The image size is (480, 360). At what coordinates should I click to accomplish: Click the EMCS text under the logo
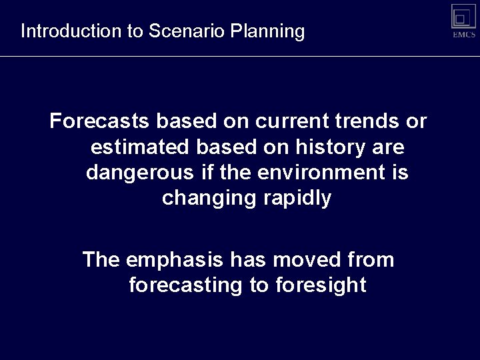click(463, 35)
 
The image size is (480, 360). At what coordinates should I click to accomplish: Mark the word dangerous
click(140, 172)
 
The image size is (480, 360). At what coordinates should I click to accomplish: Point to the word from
click(371, 259)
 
